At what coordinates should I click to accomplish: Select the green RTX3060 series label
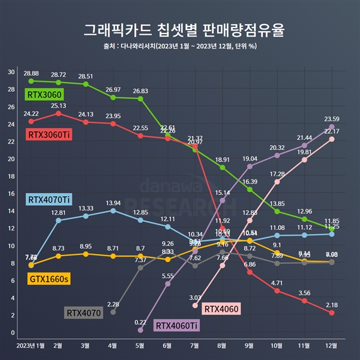click(44, 94)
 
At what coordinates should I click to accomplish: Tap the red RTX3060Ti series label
click(49, 135)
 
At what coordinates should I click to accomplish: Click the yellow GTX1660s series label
click(48, 278)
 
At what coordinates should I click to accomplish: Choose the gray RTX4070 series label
click(83, 312)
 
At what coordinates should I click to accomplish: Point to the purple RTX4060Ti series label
click(176, 325)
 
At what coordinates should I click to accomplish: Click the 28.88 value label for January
click(31, 73)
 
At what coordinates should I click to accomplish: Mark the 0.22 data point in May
click(140, 330)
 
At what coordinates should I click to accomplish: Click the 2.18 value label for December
click(332, 305)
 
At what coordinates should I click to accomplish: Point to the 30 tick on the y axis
click(11, 72)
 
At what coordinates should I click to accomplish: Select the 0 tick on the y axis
click(13, 332)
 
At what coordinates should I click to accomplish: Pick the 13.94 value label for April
click(113, 203)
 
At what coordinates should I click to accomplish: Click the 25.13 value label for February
click(58, 106)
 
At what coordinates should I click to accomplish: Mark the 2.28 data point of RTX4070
click(113, 312)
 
